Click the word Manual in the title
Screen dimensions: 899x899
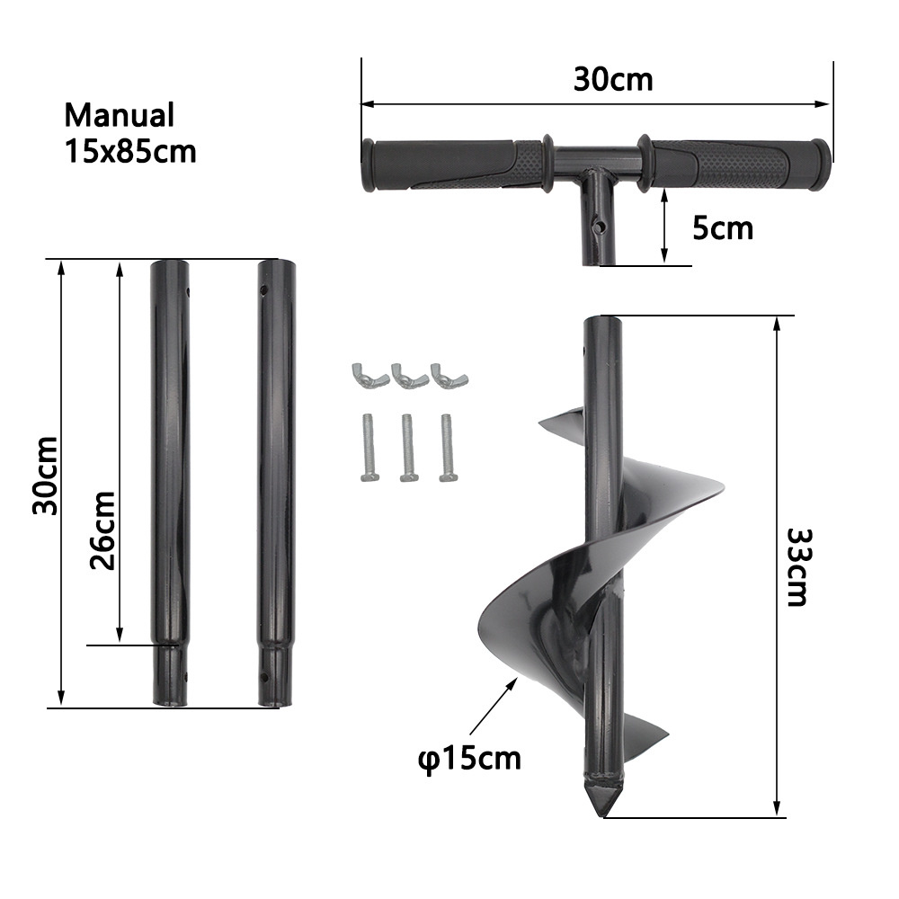coord(119,116)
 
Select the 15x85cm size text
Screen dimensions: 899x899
coord(129,151)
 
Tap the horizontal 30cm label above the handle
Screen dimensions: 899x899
coord(613,79)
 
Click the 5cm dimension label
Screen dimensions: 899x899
coord(722,228)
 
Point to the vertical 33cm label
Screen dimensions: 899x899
coord(797,566)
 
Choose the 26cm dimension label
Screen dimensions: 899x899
coord(102,530)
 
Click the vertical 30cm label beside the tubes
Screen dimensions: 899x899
coord(44,476)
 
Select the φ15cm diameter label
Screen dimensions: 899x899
coord(468,758)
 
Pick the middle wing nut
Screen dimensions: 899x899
coord(402,373)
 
